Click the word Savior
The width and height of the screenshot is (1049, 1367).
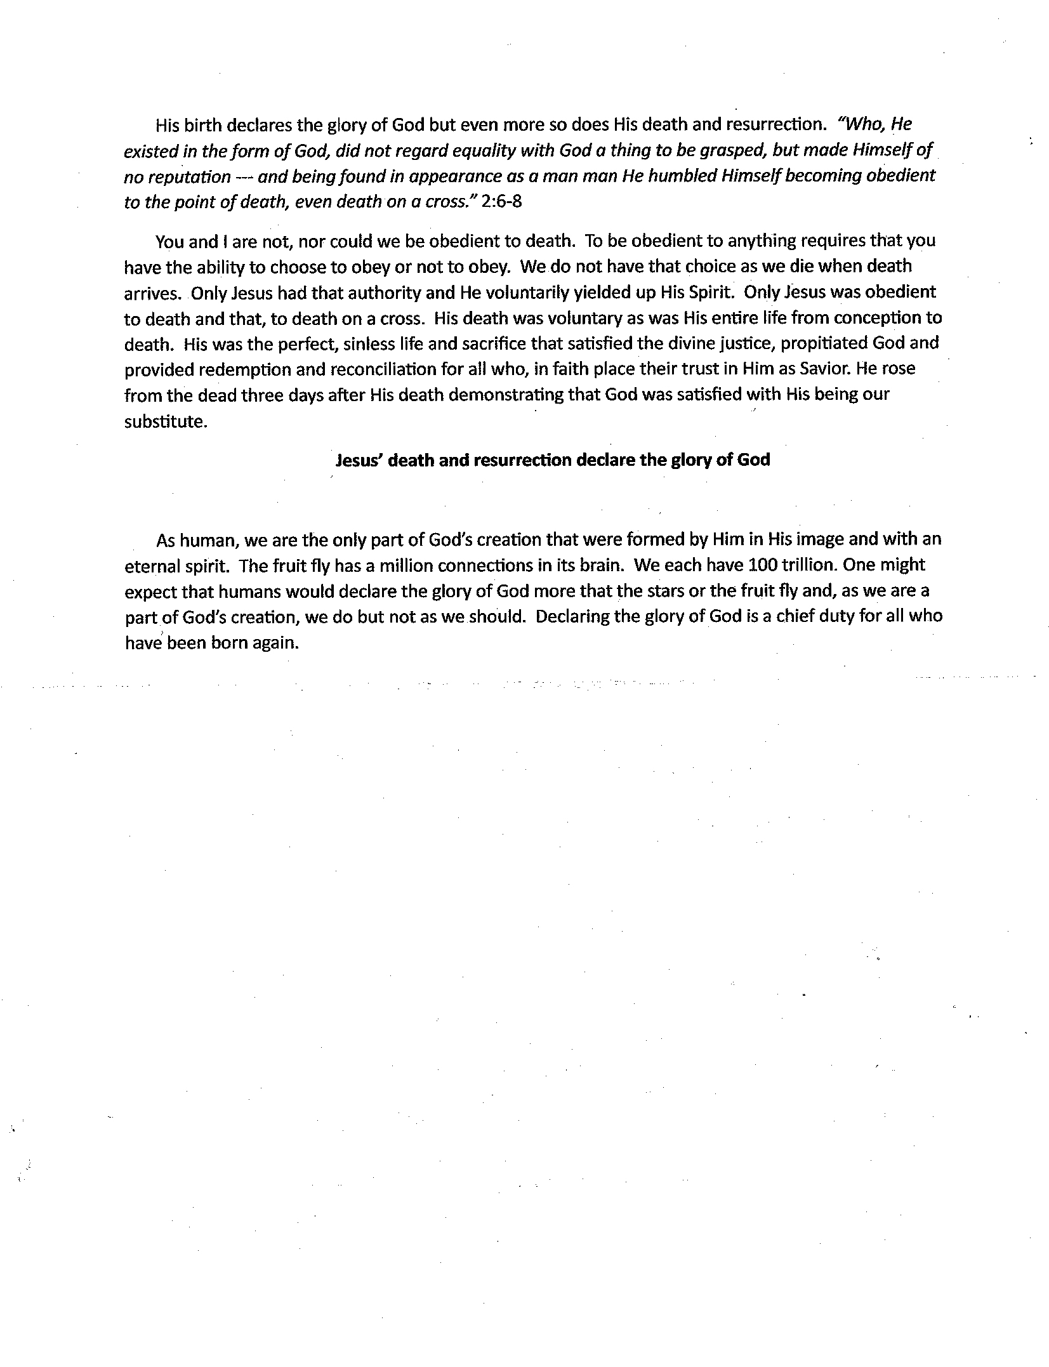point(820,369)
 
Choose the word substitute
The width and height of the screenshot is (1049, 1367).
point(165,421)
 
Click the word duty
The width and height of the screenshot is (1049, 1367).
point(833,616)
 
